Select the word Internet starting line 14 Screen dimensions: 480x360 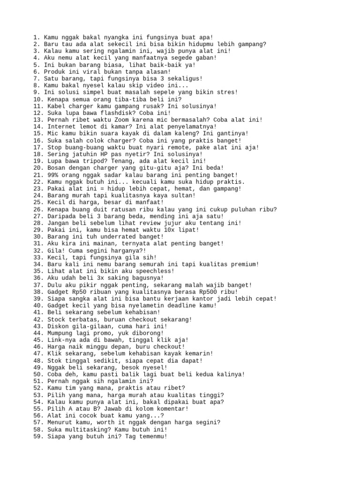tap(61, 127)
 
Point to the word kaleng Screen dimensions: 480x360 tap(184, 133)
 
